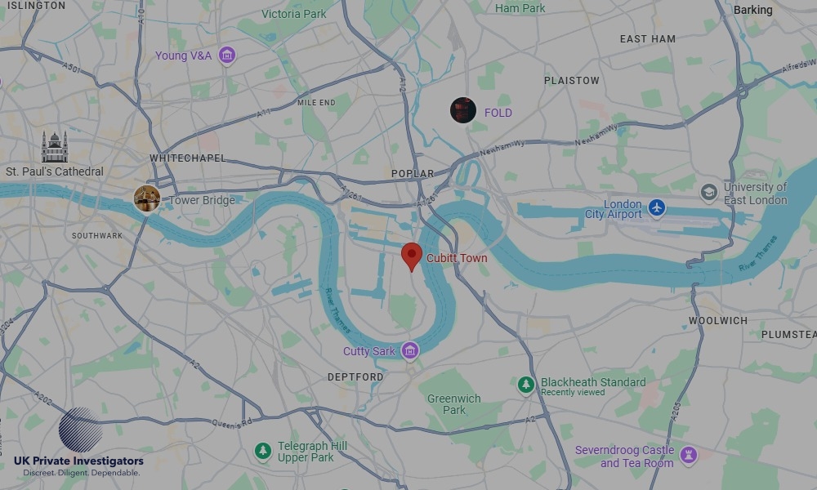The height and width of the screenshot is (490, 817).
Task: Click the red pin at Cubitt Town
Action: [413, 256]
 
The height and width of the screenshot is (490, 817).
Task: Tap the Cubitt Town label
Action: [457, 258]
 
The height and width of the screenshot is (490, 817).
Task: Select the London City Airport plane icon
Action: [657, 208]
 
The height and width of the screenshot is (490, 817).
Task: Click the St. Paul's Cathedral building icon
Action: [55, 148]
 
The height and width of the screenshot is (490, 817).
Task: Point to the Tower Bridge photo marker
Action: [147, 198]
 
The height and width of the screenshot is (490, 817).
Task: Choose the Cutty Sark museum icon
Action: [410, 351]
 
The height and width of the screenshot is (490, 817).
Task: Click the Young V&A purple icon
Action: [227, 56]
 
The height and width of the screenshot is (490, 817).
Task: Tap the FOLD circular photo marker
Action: [463, 110]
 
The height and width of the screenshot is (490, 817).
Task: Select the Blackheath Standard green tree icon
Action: [526, 384]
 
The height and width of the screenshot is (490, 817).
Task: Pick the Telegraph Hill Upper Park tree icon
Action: [262, 451]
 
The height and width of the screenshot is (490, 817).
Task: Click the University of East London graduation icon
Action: [709, 193]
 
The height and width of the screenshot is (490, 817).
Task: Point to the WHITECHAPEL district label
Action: [187, 158]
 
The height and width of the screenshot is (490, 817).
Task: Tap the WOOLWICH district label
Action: [717, 321]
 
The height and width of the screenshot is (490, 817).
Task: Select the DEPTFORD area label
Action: [355, 376]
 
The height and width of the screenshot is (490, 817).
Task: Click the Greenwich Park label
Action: [454, 404]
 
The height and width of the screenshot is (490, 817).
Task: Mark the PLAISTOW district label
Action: [572, 81]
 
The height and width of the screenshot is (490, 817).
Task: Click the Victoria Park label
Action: [293, 14]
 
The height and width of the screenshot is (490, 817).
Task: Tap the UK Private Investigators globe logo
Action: [80, 430]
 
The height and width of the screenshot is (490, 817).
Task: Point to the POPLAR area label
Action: [413, 174]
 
